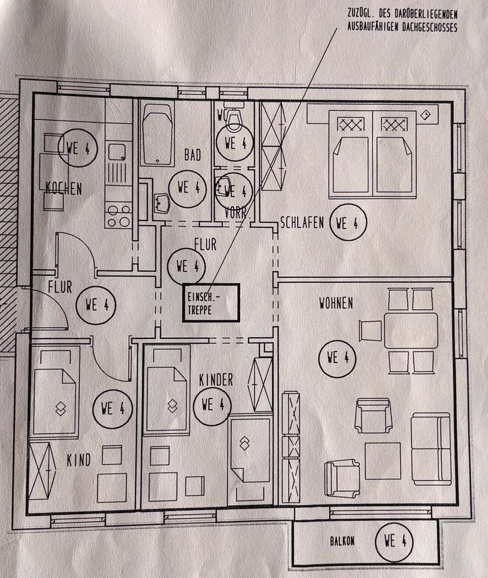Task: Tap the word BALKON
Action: (x=341, y=541)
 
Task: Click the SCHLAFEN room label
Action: (x=302, y=223)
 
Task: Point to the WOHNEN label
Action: (x=336, y=303)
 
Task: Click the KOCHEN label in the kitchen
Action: (x=64, y=189)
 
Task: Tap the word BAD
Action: (x=193, y=155)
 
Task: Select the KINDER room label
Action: (x=215, y=379)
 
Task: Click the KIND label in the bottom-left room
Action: (x=78, y=461)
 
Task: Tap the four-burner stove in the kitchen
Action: (x=118, y=216)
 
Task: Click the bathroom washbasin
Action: (x=162, y=203)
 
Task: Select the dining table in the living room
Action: (x=411, y=330)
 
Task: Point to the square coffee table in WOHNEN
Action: (x=383, y=460)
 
